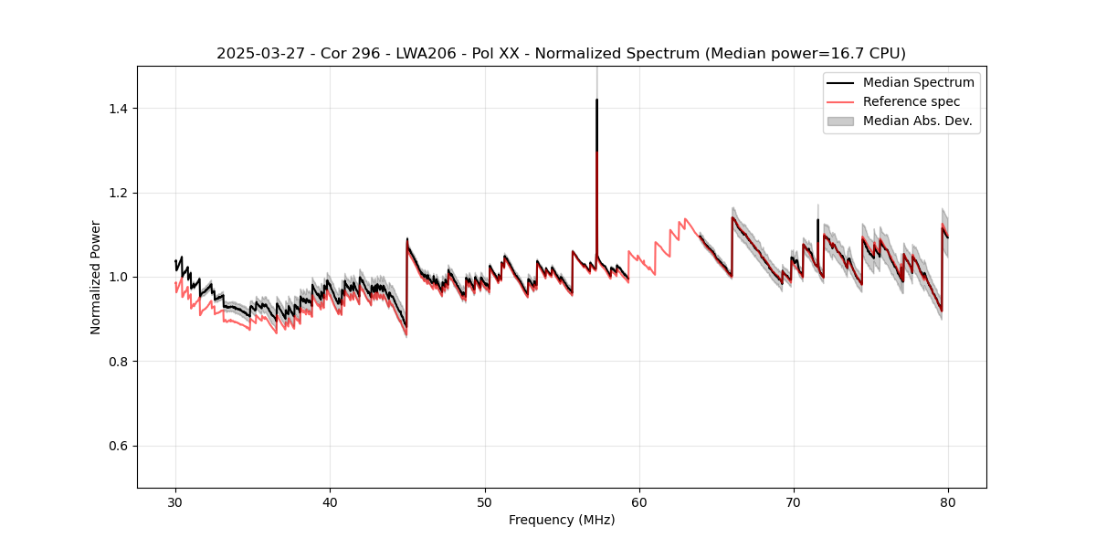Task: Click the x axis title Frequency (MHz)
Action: pos(562,520)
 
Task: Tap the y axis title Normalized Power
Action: pos(95,277)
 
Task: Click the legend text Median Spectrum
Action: pos(918,82)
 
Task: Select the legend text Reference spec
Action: pos(911,101)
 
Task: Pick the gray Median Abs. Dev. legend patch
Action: pos(840,121)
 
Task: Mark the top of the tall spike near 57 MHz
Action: pos(596,100)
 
